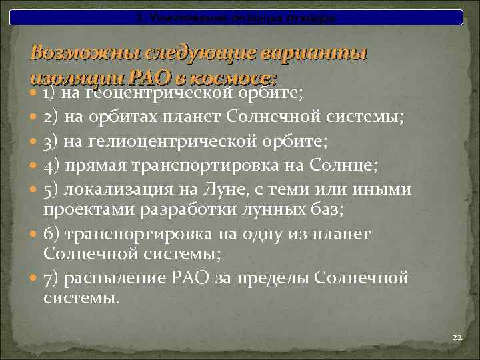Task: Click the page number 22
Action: [457, 338]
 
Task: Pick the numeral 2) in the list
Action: [51, 117]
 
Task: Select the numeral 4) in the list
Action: [51, 165]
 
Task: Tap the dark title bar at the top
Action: [240, 17]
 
